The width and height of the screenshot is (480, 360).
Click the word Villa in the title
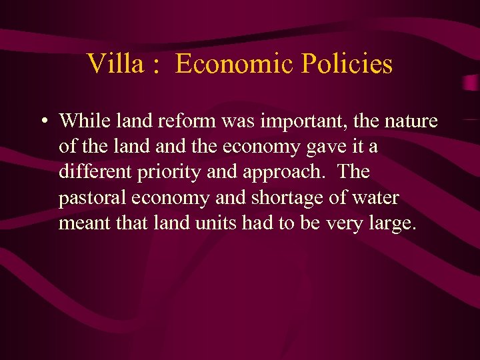pyautogui.click(x=114, y=64)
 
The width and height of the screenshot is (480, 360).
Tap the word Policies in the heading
pyautogui.click(x=347, y=64)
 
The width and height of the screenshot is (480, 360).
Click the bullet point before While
pyautogui.click(x=42, y=122)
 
